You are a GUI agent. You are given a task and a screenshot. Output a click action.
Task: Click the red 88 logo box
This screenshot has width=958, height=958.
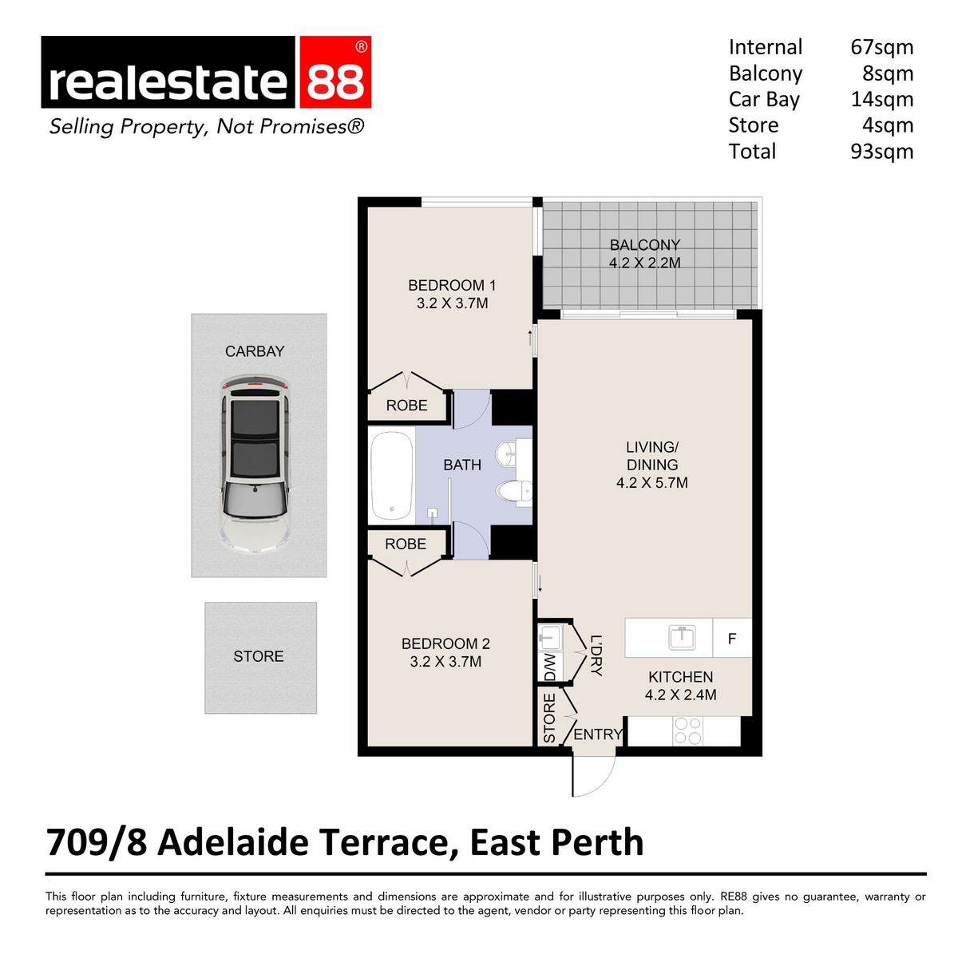click(335, 73)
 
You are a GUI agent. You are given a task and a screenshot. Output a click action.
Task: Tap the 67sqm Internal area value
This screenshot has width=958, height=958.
click(881, 47)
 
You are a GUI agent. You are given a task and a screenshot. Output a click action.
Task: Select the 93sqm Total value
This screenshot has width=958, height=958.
click(881, 152)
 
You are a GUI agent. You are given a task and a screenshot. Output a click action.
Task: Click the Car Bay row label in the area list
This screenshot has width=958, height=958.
click(764, 100)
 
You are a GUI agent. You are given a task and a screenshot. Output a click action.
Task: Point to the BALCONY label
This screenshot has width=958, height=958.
click(645, 245)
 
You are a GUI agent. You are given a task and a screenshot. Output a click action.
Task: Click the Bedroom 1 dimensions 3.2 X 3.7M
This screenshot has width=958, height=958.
click(452, 303)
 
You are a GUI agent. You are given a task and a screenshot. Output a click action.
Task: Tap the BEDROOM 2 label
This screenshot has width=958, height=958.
click(445, 643)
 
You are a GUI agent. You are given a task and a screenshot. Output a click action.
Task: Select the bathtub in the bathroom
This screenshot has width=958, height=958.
click(391, 476)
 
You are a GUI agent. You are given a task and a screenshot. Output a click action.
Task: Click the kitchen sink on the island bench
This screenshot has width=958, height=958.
click(682, 637)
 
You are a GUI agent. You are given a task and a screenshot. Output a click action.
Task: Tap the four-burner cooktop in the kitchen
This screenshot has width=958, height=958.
click(687, 731)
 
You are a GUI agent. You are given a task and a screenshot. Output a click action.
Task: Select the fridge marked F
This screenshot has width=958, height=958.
click(732, 639)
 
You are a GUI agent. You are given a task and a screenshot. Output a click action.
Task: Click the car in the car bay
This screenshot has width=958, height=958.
click(255, 466)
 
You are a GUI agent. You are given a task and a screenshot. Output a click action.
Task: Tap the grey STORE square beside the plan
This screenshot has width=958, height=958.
click(260, 657)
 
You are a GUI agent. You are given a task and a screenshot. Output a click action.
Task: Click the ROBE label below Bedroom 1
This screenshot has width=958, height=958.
click(406, 406)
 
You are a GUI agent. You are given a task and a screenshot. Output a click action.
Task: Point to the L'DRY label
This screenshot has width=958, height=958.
click(596, 655)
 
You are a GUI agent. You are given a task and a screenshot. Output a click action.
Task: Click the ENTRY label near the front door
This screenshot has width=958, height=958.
click(597, 734)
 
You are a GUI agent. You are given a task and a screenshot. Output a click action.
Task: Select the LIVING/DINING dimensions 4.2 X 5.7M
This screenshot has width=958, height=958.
click(651, 483)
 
